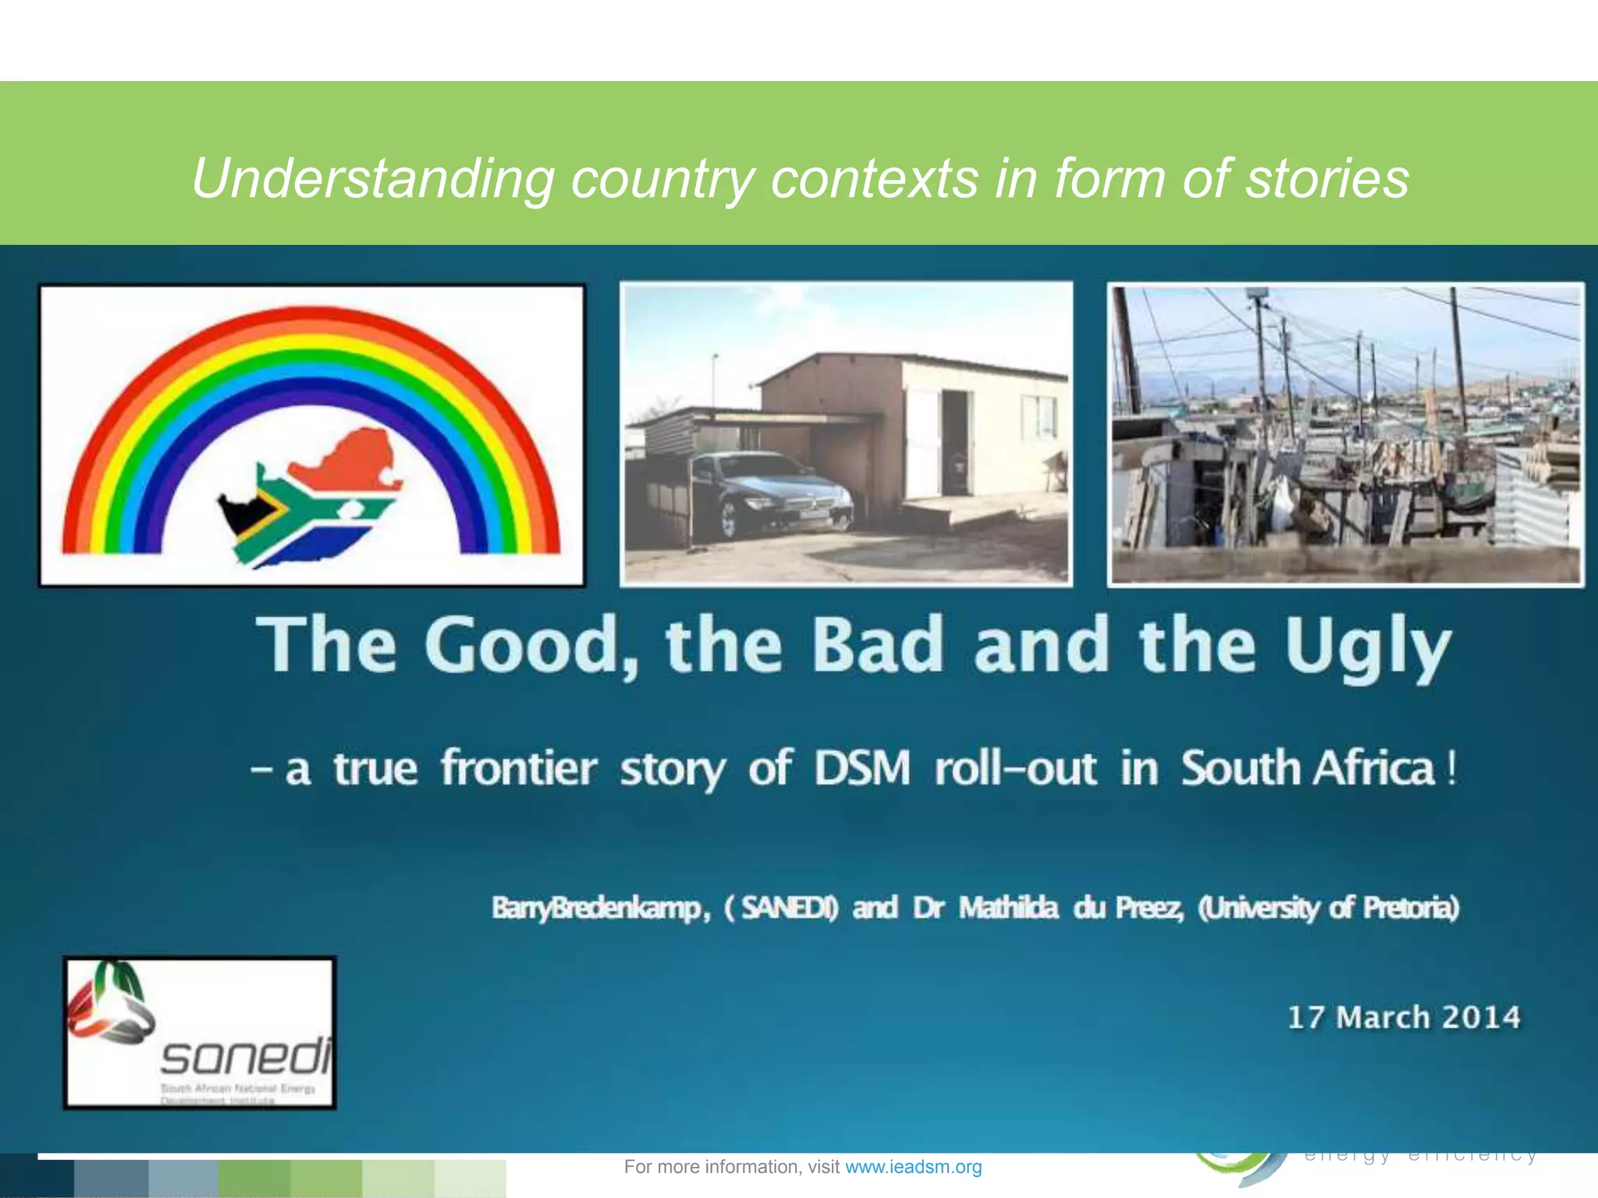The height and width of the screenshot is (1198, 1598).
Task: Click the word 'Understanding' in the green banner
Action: tap(373, 179)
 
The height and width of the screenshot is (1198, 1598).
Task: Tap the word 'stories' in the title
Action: tap(1326, 178)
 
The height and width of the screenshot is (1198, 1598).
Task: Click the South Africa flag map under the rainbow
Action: tap(312, 499)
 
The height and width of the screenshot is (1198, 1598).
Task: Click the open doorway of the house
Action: tap(953, 441)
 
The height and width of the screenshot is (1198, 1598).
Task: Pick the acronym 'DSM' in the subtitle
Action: tap(862, 767)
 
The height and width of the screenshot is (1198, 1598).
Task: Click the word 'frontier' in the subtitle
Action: tap(519, 767)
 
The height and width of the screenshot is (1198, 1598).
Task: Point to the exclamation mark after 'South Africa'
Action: tap(1451, 769)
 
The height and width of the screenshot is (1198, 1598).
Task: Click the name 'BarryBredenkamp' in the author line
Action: tap(597, 908)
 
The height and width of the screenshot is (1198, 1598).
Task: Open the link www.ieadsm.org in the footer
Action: tap(913, 1167)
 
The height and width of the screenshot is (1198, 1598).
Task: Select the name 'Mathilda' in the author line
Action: tap(1009, 908)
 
